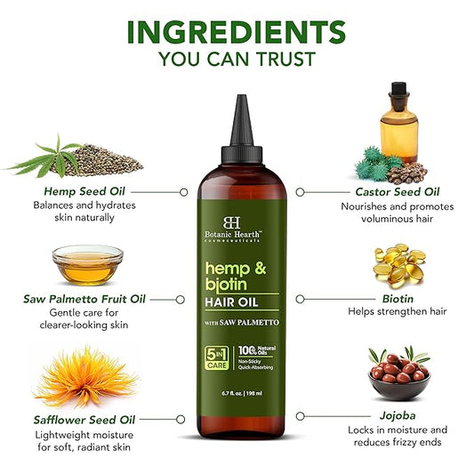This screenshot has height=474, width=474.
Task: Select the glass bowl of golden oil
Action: tap(87, 264)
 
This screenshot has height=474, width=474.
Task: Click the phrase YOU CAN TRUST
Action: tap(237, 60)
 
